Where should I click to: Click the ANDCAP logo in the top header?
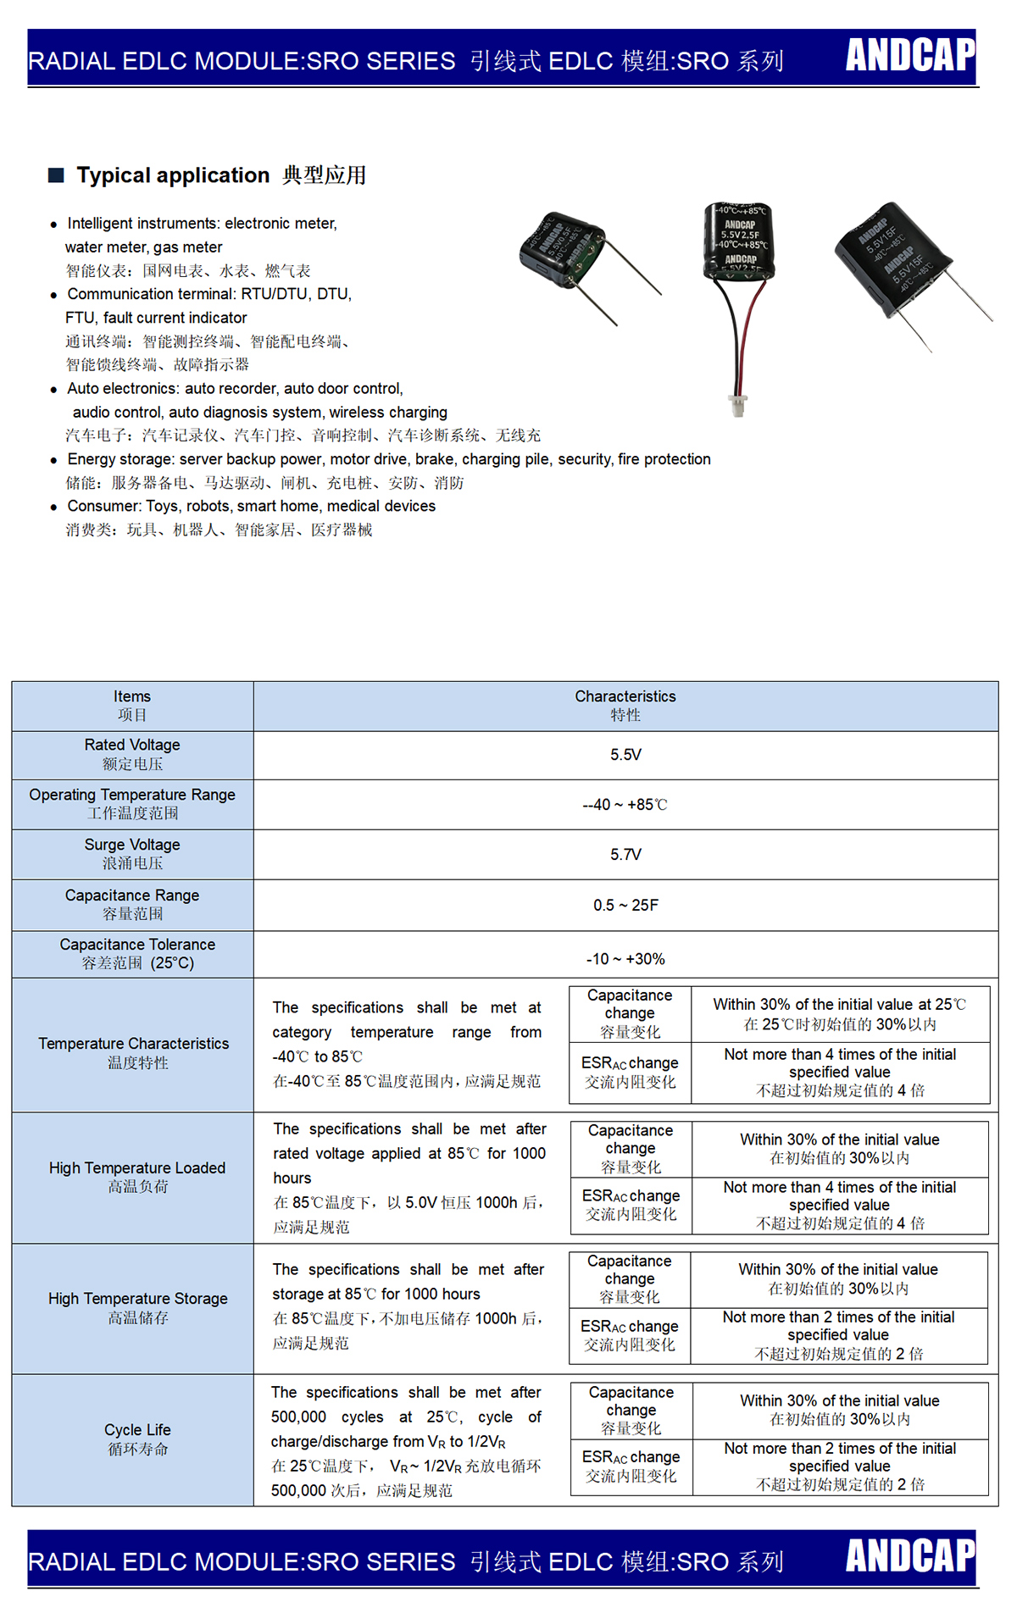pos(910,55)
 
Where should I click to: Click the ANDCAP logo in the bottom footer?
pos(910,1555)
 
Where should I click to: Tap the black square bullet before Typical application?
pos(57,175)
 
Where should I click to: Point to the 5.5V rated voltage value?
pos(625,755)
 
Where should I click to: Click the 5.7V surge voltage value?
pos(625,855)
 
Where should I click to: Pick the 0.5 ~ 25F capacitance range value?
pos(625,906)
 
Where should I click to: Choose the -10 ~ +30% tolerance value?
pos(625,959)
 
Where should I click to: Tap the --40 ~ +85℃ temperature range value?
pos(625,805)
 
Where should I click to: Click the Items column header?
pos(132,706)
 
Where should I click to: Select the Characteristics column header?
pos(625,706)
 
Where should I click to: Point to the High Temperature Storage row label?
pos(137,1307)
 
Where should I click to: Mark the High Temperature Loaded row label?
pos(137,1177)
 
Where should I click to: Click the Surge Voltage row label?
pos(132,854)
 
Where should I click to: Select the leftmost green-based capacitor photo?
pos(561,250)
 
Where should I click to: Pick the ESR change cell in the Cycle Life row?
pos(631,1466)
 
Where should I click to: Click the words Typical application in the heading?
pos(173,175)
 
